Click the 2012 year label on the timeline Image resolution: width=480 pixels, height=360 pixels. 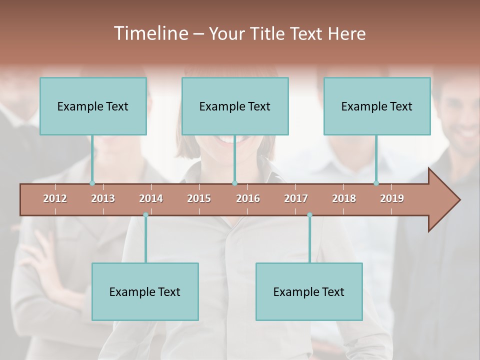click(55, 198)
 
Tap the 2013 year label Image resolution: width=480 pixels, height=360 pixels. click(103, 198)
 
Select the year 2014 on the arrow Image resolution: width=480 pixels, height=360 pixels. click(151, 198)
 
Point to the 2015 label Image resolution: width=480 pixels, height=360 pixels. click(199, 198)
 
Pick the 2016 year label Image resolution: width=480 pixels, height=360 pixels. click(248, 198)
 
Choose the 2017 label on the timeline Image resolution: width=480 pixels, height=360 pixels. click(296, 198)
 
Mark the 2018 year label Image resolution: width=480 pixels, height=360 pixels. click(344, 198)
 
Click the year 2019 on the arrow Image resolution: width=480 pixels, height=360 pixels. click(392, 198)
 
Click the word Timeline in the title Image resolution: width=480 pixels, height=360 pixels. click(149, 33)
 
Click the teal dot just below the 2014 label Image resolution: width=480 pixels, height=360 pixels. click(145, 214)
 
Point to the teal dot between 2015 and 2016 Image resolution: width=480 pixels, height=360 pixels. click(234, 183)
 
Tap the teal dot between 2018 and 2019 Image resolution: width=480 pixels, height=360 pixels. click(376, 183)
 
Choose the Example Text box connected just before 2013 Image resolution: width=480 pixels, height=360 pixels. click(93, 106)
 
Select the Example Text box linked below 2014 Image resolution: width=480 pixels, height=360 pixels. click(145, 291)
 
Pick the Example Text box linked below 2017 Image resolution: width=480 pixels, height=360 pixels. click(309, 291)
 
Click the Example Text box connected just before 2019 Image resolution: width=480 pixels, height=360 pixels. click(377, 106)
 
